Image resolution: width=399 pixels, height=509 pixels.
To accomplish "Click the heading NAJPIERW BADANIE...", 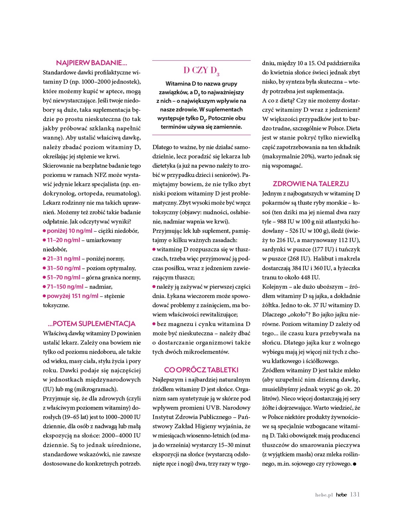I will click(92, 63).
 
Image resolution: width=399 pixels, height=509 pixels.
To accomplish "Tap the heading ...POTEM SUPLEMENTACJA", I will click(92, 324).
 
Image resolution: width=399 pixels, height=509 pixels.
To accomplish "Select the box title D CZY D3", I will click(201, 71).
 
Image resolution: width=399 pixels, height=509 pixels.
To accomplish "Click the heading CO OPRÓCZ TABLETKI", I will click(201, 370).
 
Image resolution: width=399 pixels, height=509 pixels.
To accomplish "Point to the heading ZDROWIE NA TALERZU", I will click(310, 184).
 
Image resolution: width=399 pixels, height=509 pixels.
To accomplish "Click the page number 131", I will click(355, 494).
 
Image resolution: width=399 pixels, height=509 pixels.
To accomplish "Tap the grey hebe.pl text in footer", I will click(324, 495).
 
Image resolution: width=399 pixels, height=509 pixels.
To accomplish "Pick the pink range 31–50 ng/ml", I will click(64, 268).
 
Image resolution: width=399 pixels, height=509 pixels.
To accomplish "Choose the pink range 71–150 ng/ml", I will click(65, 287).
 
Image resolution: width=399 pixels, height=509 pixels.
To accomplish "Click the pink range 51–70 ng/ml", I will click(64, 277).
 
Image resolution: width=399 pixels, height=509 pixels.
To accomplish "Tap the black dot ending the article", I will click(355, 465).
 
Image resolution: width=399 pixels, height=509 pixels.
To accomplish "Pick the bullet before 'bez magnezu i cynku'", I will click(154, 324).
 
